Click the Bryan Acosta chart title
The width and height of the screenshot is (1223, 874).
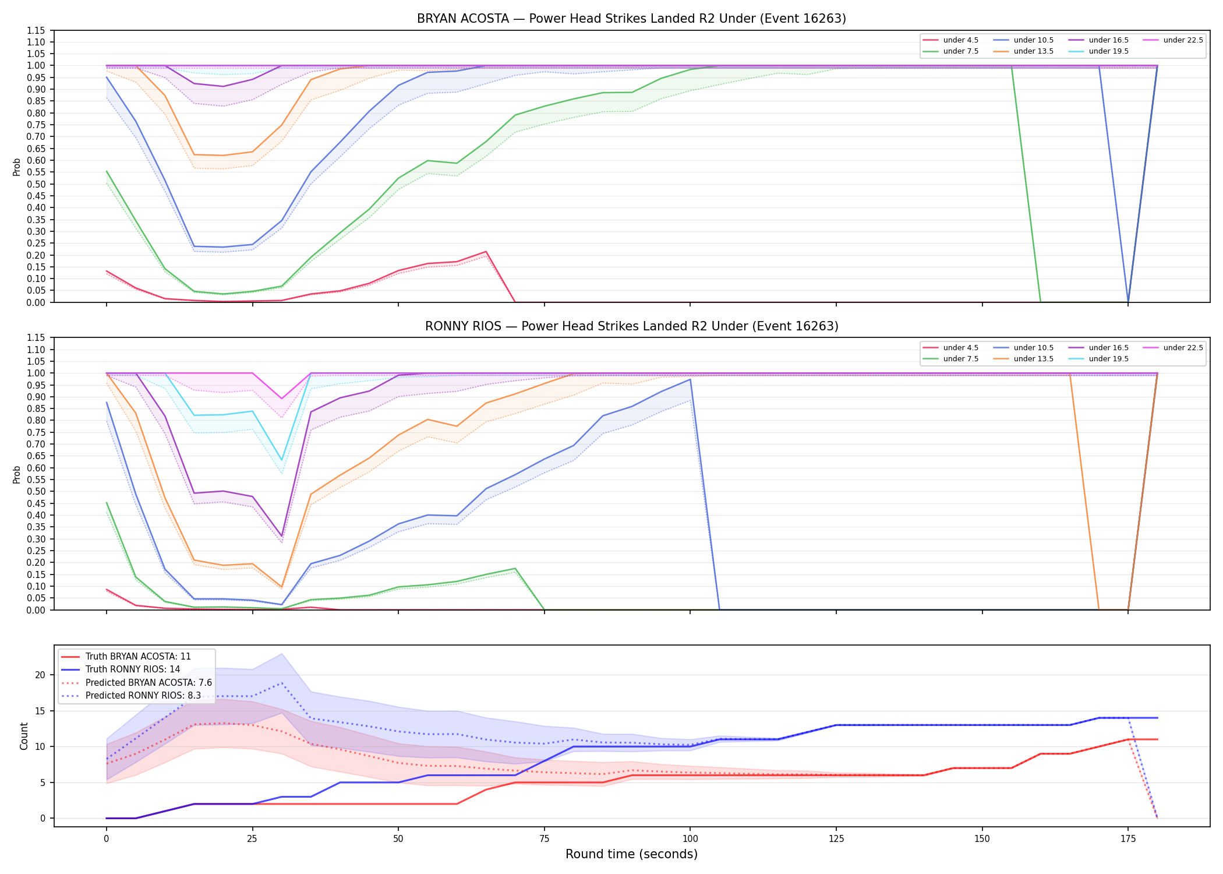[x=631, y=19]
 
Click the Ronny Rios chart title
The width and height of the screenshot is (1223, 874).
[x=631, y=326]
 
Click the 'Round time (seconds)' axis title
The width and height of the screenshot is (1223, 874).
[x=631, y=854]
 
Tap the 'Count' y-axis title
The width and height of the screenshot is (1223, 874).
[x=24, y=736]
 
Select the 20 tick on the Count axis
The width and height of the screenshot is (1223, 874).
[x=41, y=675]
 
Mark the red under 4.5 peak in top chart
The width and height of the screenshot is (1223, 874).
[x=486, y=252]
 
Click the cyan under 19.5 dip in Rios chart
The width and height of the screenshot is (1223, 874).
[x=282, y=460]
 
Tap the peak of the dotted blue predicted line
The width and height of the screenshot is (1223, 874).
[x=282, y=683]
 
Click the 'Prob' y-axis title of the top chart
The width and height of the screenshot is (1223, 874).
[x=17, y=167]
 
